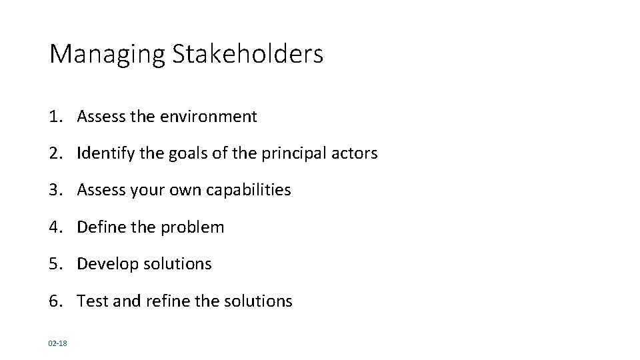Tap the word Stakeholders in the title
pos(248,53)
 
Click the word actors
pos(355,153)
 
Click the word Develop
pos(104,265)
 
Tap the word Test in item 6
pos(89,301)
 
